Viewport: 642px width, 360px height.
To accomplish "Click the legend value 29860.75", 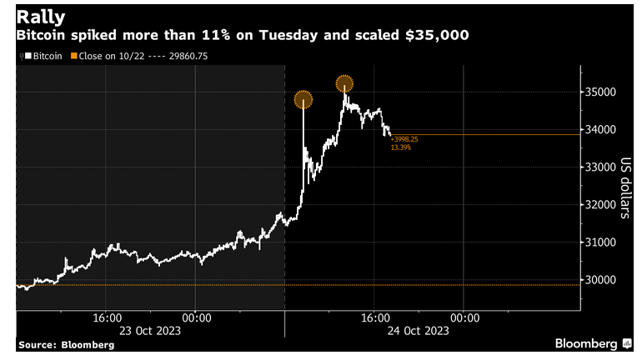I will point(190,57).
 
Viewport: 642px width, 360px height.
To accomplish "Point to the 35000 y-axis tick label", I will point(600,92).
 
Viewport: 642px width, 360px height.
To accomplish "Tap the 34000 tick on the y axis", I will point(600,129).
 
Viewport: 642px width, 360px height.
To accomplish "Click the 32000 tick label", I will point(600,204).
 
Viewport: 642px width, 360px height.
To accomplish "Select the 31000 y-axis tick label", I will point(600,242).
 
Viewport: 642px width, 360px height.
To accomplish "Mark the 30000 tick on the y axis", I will point(600,280).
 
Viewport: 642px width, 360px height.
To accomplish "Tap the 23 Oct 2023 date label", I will point(153,330).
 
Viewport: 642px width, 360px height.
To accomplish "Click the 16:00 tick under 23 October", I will point(108,317).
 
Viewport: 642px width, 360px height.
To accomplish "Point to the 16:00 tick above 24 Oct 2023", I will point(376,317).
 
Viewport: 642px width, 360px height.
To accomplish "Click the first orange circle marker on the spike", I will point(303,100).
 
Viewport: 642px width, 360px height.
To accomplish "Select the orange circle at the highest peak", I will point(344,83).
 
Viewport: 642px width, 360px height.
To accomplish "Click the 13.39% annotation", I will point(400,147).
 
